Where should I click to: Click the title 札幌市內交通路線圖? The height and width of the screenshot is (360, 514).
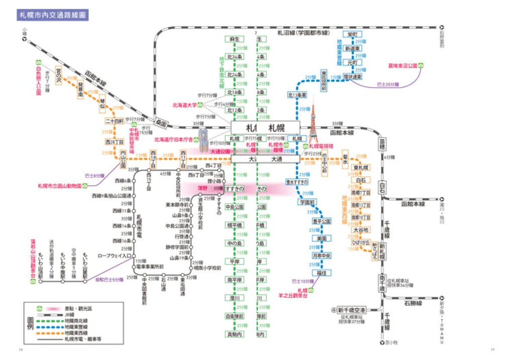pos(53,15)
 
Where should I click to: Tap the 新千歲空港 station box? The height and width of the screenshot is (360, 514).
pos(352,310)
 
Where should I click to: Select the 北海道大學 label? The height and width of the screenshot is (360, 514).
pos(184,105)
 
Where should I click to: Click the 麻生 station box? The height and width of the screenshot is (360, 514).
pos(234,39)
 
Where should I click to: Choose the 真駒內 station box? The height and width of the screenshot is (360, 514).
pos(234,334)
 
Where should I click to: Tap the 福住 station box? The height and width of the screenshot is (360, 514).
pos(322,273)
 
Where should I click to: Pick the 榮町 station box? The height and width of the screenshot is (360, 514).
pos(359,34)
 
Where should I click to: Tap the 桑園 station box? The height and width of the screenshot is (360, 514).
pos(161,122)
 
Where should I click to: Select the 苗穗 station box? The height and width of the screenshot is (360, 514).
pos(382,145)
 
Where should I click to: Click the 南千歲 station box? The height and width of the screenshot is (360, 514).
pos(382,282)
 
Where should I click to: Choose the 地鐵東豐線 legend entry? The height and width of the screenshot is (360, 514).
pos(76,327)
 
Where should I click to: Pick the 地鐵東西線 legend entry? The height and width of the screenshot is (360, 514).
pos(76,333)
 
